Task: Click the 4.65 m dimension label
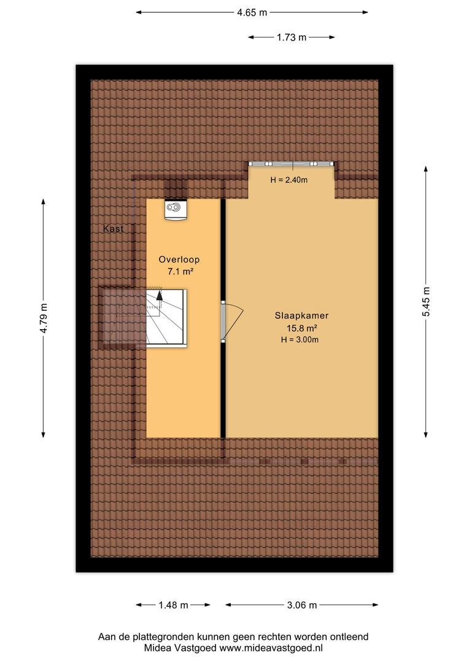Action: (x=252, y=13)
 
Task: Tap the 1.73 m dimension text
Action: (x=292, y=37)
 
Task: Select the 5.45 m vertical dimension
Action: (x=426, y=302)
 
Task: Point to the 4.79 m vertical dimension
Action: (x=44, y=318)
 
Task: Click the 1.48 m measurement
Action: (x=173, y=605)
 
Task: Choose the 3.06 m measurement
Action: (x=302, y=605)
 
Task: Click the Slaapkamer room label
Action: (x=301, y=316)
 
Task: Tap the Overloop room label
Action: (x=179, y=260)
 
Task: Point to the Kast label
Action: (x=114, y=229)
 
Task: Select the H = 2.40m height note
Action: (x=289, y=180)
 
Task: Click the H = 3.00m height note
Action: (x=300, y=340)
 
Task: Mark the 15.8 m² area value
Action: (x=301, y=327)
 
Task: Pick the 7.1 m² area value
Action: (x=180, y=272)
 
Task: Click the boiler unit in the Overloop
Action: (x=176, y=210)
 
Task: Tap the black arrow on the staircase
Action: (x=160, y=295)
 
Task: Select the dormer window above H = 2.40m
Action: (x=291, y=164)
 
